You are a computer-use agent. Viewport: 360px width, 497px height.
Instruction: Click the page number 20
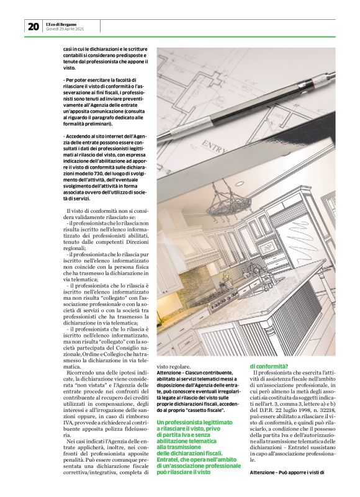coord(33,26)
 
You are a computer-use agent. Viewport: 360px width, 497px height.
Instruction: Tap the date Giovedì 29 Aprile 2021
coord(65,29)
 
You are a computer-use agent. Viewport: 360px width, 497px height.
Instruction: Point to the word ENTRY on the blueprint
coord(213,149)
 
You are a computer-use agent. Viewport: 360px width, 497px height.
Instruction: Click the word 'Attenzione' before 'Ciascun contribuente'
coord(171,373)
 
